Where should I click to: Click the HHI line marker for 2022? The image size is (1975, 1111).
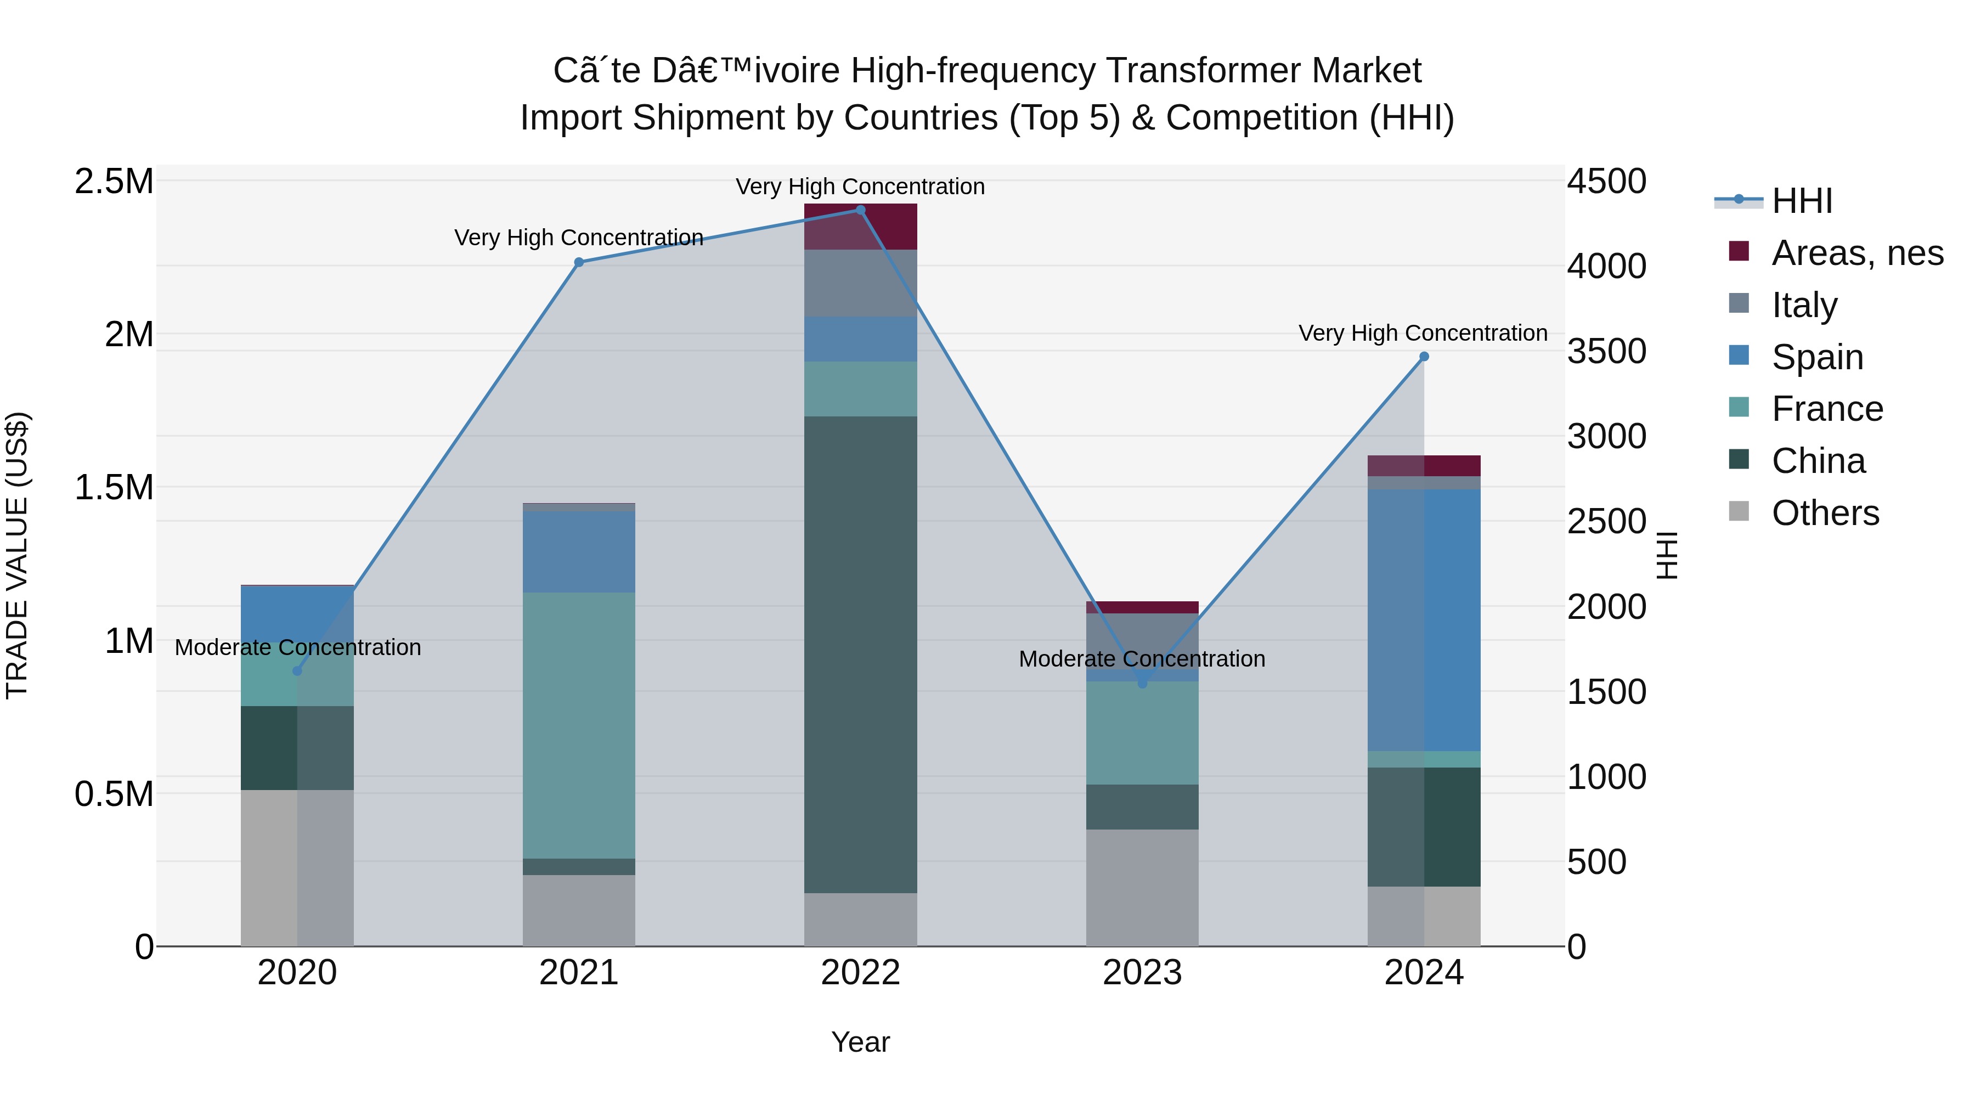pyautogui.click(x=860, y=210)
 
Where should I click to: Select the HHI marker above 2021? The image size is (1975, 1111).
pyautogui.click(x=579, y=262)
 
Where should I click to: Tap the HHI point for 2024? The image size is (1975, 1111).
pyautogui.click(x=1424, y=357)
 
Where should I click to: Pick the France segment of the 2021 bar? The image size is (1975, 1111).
pyautogui.click(x=579, y=725)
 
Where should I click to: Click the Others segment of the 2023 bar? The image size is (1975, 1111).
pyautogui.click(x=1142, y=887)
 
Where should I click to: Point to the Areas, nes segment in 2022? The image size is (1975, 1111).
pyautogui.click(x=860, y=226)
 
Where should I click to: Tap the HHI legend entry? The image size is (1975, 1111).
pyautogui.click(x=1802, y=201)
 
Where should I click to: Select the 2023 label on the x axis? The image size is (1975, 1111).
pyautogui.click(x=1142, y=973)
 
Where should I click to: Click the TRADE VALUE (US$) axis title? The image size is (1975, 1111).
pyautogui.click(x=17, y=555)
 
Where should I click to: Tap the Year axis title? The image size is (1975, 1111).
pyautogui.click(x=860, y=1042)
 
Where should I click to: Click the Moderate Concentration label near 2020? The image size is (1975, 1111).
pyautogui.click(x=297, y=648)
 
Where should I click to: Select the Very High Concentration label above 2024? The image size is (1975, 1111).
pyautogui.click(x=1422, y=334)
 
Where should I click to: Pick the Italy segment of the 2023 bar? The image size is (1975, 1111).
pyautogui.click(x=1142, y=641)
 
